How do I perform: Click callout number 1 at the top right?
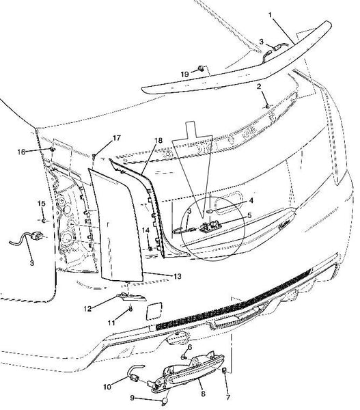tap(270, 15)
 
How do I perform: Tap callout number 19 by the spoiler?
tap(184, 74)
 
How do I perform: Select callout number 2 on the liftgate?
tap(259, 86)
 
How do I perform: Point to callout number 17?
tap(117, 138)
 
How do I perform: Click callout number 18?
tap(158, 141)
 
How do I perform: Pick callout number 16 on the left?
tap(21, 152)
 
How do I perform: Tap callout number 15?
tap(41, 203)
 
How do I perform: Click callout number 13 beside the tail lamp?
tap(177, 276)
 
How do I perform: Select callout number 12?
tap(87, 309)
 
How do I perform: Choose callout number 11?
tap(111, 323)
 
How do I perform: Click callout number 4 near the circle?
tap(251, 200)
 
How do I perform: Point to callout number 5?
tap(249, 215)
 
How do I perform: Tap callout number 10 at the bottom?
tap(107, 387)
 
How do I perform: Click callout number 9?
tap(133, 398)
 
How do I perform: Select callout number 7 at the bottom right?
tap(228, 398)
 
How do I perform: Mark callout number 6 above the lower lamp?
tap(190, 347)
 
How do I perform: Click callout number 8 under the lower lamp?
tap(203, 394)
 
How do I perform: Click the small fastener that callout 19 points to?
tap(201, 68)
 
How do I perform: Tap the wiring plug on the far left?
tap(37, 236)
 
